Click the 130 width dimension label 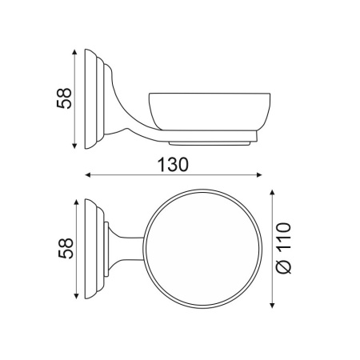173,164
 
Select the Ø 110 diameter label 283,248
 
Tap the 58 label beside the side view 64,98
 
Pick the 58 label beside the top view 66,248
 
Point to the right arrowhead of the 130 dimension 259,175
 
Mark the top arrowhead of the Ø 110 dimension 272,193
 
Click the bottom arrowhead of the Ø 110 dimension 272,305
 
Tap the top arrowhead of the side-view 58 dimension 74,52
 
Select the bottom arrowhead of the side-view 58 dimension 74,146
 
